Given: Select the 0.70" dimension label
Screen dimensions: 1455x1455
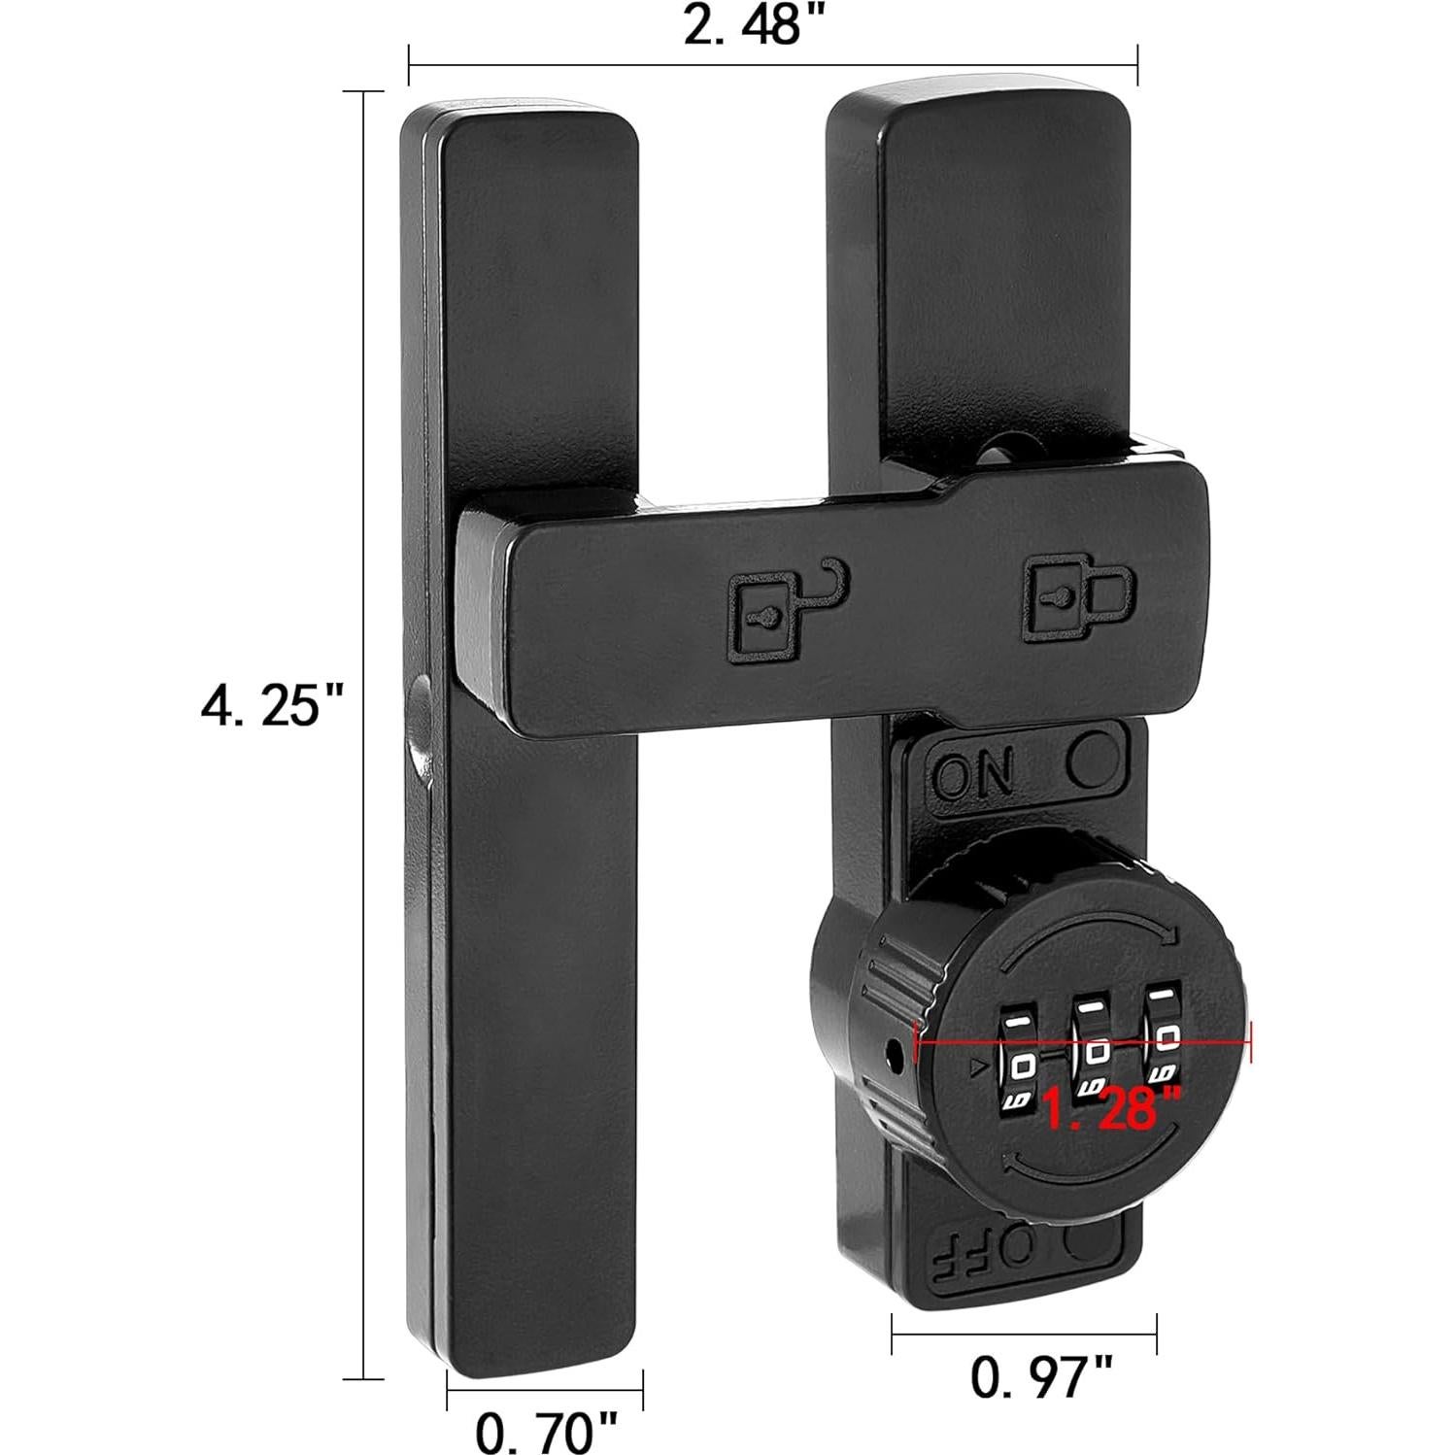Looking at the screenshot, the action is point(547,1430).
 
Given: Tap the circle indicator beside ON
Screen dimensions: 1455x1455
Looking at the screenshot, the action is point(1093,759).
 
